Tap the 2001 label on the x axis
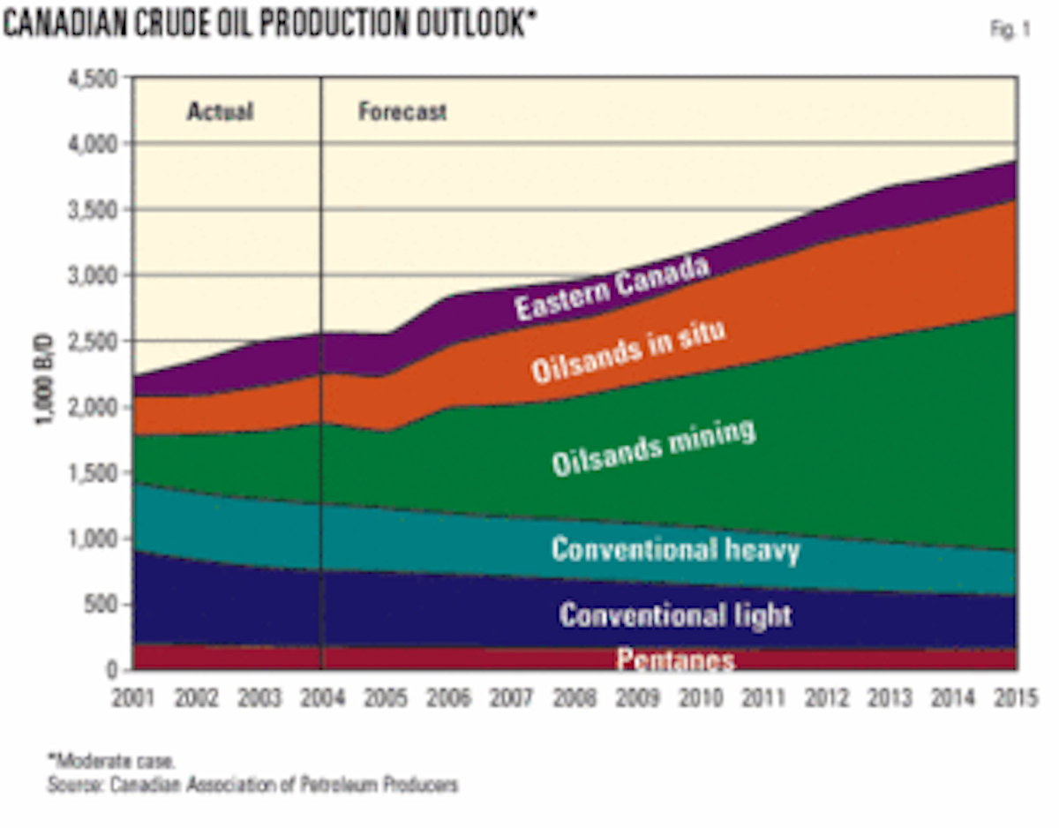tap(134, 698)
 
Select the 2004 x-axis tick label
tap(322, 698)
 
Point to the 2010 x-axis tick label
tap(700, 698)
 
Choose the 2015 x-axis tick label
tap(1015, 698)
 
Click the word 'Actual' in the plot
tap(219, 112)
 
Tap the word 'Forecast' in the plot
tap(402, 112)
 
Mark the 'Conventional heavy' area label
tap(675, 550)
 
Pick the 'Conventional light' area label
tap(675, 614)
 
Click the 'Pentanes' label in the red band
tap(675, 659)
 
